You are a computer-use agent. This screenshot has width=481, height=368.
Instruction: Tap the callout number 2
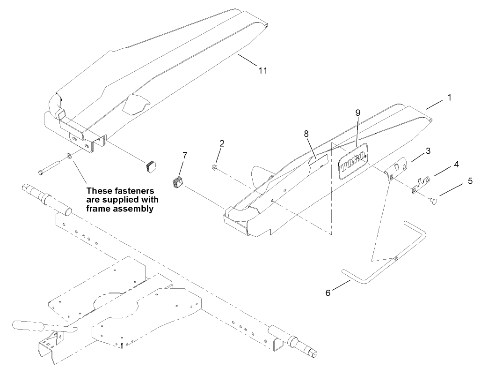point(222,143)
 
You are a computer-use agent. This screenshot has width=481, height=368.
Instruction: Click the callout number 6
point(328,293)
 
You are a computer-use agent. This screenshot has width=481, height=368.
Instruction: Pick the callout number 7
point(185,155)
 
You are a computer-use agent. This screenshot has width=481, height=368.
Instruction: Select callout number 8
point(306,134)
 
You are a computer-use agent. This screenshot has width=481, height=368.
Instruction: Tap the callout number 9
point(358,113)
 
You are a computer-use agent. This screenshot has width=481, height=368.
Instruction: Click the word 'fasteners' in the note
point(133,192)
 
